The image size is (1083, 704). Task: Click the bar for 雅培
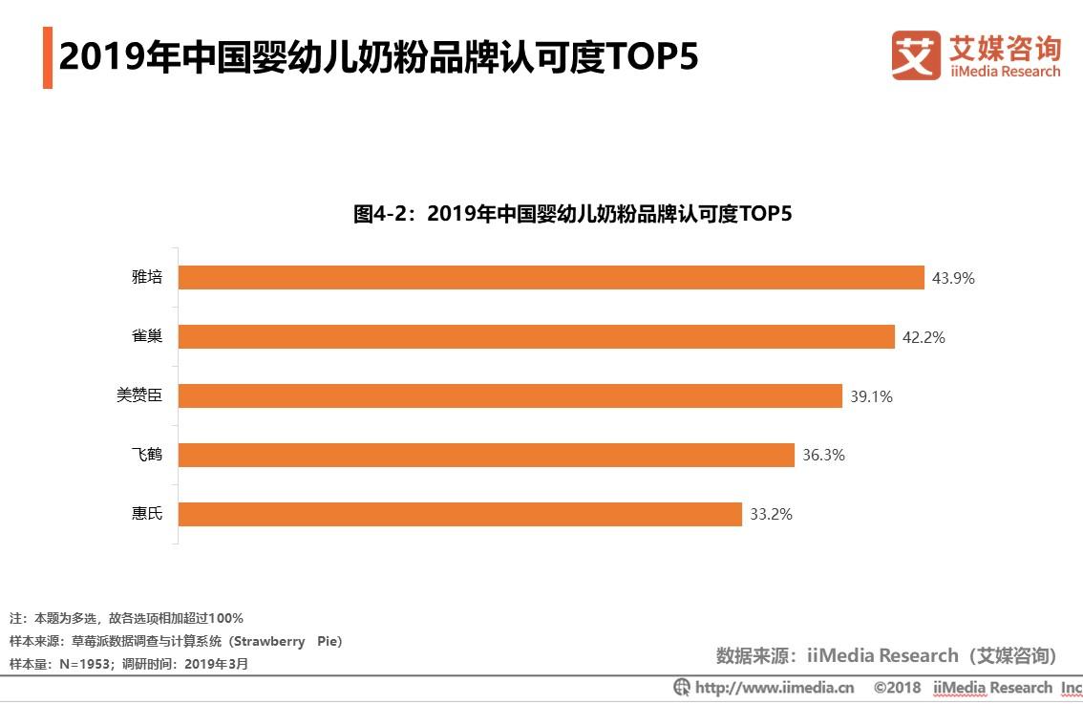[x=551, y=278]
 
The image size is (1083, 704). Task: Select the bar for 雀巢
[x=536, y=337]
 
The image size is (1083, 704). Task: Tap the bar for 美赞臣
[x=510, y=396]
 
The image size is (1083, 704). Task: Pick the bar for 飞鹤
[x=486, y=456]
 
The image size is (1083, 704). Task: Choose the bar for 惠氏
[x=459, y=515]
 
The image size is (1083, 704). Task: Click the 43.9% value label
[x=953, y=279]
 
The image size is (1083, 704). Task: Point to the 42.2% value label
[x=924, y=338]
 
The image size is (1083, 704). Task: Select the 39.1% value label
[x=871, y=397]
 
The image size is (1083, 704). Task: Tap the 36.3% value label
[x=823, y=456]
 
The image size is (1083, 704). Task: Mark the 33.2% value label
[x=771, y=515]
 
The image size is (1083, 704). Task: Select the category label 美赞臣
[x=139, y=396]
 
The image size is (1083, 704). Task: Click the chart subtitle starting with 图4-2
[x=573, y=214]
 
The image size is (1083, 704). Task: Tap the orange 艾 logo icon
[x=916, y=55]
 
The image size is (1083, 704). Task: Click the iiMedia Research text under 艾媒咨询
[x=1005, y=72]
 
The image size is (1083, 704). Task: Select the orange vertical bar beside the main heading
[x=47, y=58]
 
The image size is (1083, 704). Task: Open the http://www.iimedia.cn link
[x=774, y=688]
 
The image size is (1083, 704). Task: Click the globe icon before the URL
[x=682, y=688]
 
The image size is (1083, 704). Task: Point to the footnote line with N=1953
[x=129, y=664]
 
